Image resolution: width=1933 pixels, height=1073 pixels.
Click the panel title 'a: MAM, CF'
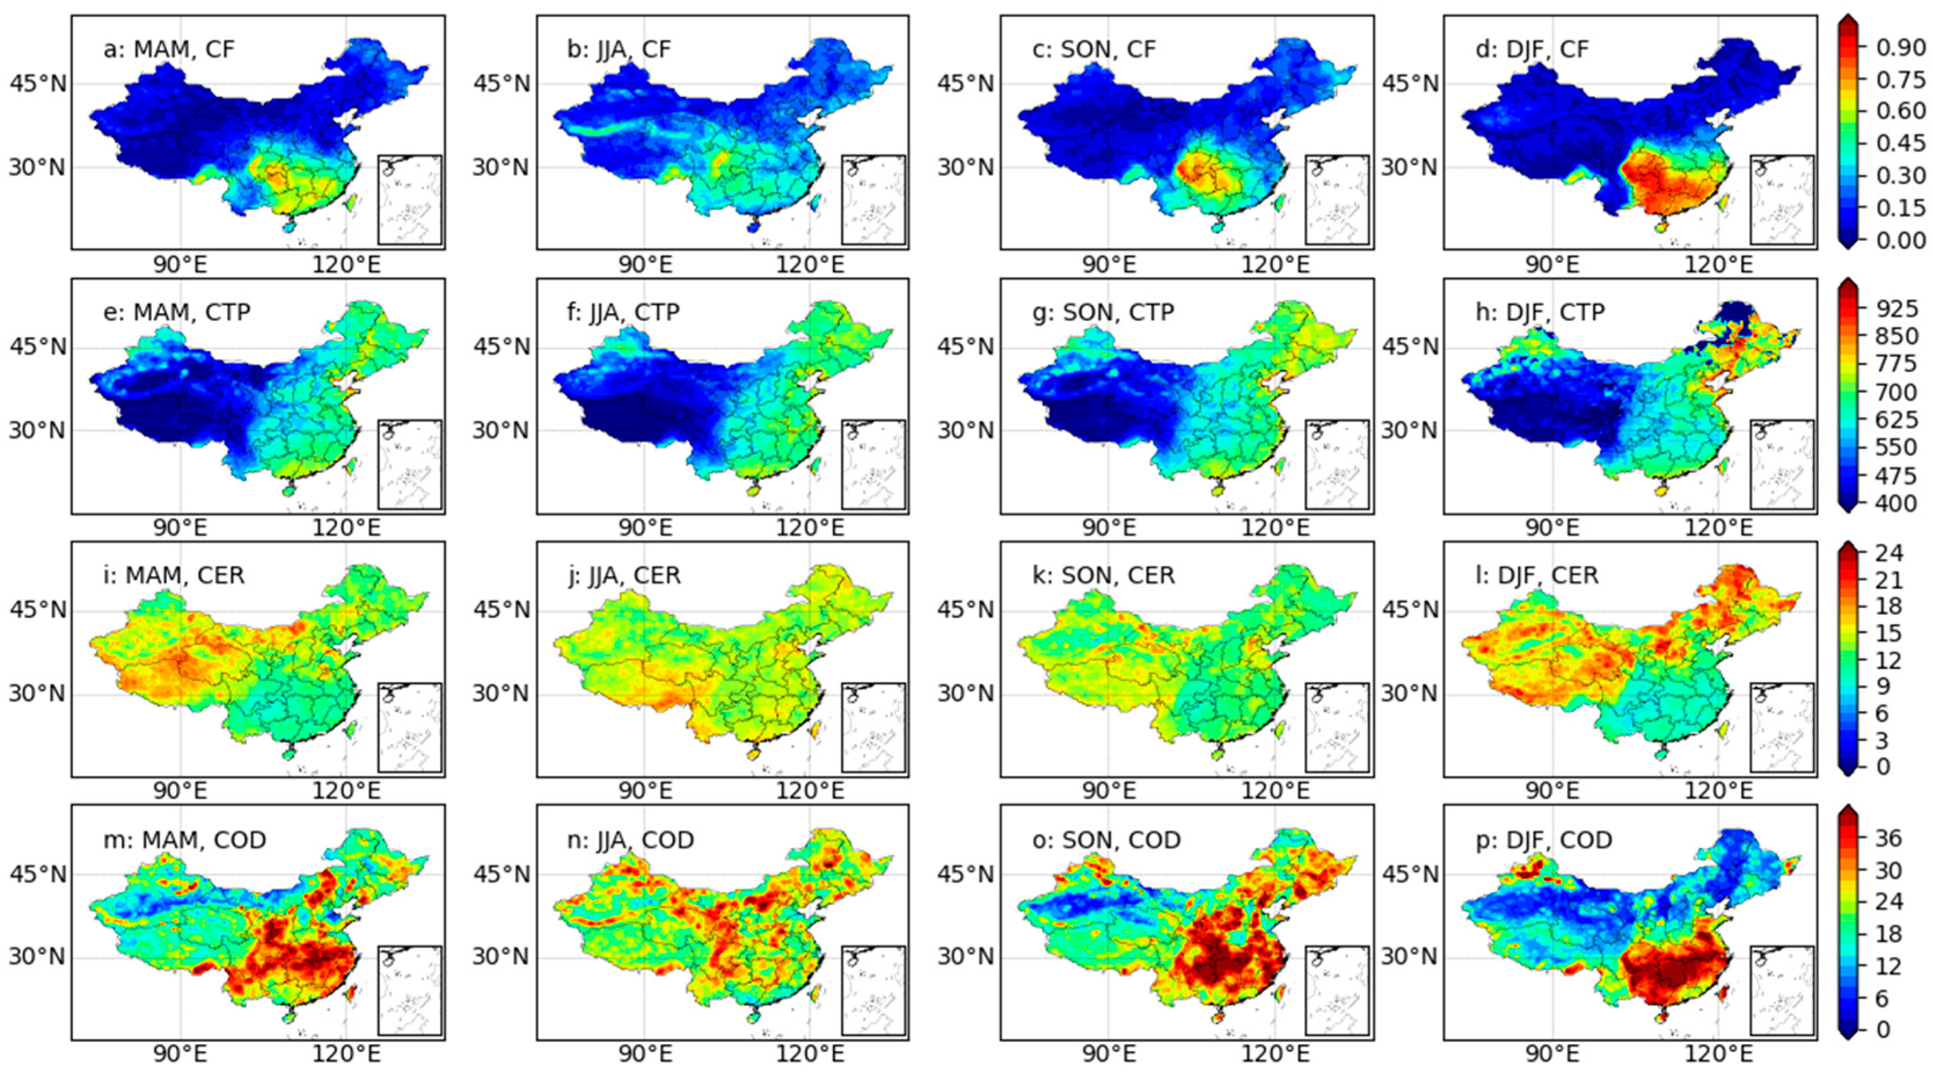[169, 50]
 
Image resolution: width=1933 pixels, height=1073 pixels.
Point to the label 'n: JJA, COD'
[630, 840]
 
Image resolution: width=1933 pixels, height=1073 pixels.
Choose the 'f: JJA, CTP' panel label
[623, 312]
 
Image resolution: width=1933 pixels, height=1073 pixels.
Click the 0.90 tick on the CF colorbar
[1900, 48]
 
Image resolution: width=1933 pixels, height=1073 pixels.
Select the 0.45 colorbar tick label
[1900, 143]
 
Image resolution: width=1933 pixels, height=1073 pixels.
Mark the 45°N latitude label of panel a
[38, 83]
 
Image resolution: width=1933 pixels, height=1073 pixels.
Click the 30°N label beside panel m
[38, 957]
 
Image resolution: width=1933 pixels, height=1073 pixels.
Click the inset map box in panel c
[1337, 200]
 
